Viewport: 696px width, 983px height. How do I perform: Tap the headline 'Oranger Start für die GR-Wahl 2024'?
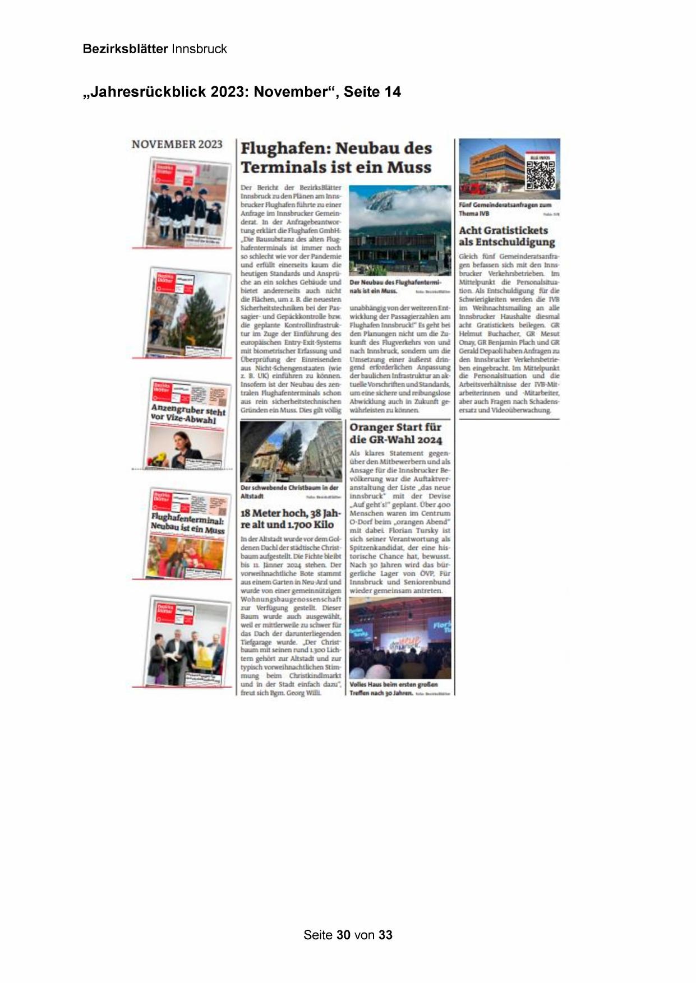click(395, 433)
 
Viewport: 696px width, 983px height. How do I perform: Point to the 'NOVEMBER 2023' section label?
click(177, 144)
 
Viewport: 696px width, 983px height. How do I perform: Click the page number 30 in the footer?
click(344, 935)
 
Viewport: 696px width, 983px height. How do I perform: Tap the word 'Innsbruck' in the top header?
click(199, 49)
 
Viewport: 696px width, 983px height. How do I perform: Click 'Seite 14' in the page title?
click(372, 92)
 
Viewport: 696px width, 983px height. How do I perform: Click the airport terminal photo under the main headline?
click(400, 230)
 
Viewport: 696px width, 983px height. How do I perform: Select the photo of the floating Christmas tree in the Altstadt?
click(290, 451)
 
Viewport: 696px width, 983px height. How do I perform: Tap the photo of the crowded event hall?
click(400, 638)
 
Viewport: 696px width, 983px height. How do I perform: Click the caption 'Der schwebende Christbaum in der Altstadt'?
click(289, 492)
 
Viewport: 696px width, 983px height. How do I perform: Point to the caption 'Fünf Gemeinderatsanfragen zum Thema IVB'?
click(505, 208)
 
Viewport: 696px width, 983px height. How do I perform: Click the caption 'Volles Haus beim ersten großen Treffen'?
click(393, 688)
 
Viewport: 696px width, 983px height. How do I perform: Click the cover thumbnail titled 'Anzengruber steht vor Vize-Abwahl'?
click(188, 424)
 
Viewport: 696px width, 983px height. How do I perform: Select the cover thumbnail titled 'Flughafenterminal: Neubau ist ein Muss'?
click(188, 533)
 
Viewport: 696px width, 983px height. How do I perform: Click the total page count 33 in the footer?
click(385, 935)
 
